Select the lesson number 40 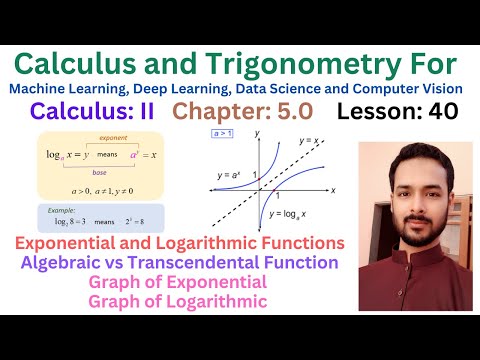point(441,112)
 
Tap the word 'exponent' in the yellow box point(113,142)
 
